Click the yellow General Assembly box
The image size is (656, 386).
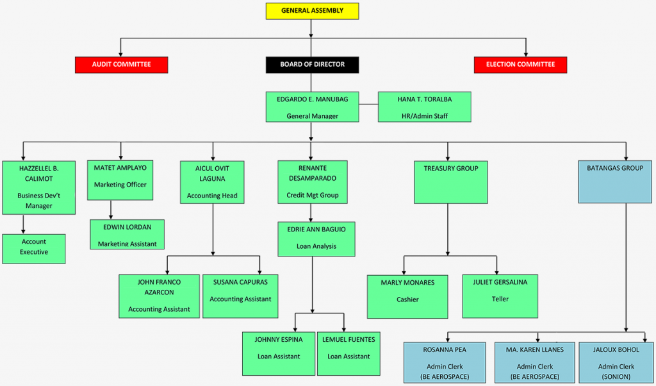click(x=312, y=11)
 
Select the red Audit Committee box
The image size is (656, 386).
click(x=121, y=65)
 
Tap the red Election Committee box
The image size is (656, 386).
click(x=520, y=65)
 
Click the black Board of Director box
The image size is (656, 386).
click(x=312, y=65)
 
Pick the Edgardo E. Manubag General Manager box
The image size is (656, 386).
click(x=312, y=106)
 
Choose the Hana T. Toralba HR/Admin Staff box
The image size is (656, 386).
click(x=424, y=106)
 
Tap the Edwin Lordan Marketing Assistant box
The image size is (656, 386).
click(x=127, y=234)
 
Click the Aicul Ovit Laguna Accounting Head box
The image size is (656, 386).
click(x=212, y=182)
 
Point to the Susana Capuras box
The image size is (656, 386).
click(x=240, y=296)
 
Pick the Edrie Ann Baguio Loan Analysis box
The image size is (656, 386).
click(x=316, y=239)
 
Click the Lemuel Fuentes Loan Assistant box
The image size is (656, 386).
click(x=348, y=353)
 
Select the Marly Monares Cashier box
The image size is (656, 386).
click(x=407, y=296)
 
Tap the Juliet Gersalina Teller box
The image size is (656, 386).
click(x=500, y=296)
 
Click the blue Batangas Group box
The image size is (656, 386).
click(x=615, y=182)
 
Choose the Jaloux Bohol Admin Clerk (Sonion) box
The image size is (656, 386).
click(x=616, y=362)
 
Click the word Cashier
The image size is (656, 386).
click(x=407, y=299)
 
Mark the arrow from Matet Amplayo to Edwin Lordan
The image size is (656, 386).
click(x=111, y=210)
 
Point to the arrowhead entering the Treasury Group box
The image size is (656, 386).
click(x=447, y=157)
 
